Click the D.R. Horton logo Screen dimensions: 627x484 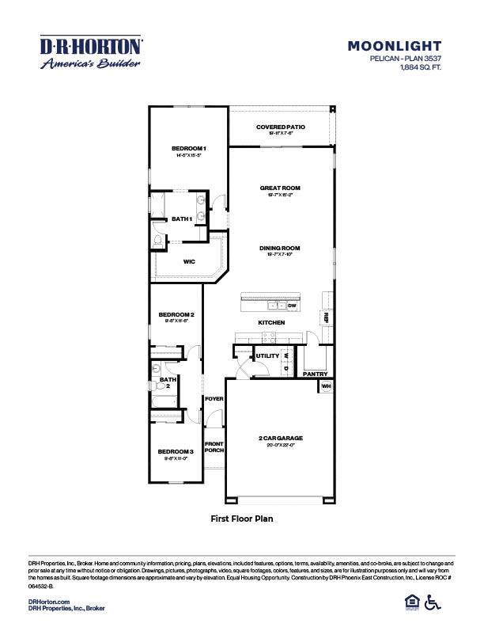(91, 52)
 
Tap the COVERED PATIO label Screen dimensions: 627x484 (280, 127)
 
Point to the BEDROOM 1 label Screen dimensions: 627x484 (189, 149)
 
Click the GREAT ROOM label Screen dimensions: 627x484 (280, 188)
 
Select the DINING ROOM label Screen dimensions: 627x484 (280, 248)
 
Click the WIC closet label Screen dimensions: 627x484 (189, 260)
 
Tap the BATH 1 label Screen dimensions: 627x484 (182, 218)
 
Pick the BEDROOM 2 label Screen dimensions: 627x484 (176, 314)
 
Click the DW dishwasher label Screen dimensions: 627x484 (291, 306)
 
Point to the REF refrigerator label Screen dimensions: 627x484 (325, 317)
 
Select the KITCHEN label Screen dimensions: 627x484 (270, 323)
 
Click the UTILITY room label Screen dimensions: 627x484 (266, 356)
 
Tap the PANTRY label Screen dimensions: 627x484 (315, 373)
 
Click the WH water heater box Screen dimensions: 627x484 (325, 386)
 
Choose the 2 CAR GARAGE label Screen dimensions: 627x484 (280, 438)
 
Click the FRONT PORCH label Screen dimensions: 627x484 (214, 446)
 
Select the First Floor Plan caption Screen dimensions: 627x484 (241, 519)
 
